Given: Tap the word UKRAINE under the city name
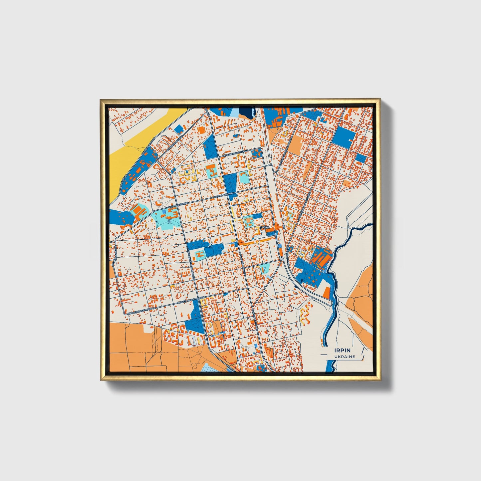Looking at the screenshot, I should pyautogui.click(x=345, y=357).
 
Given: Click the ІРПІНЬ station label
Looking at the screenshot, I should pyautogui.click(x=265, y=227).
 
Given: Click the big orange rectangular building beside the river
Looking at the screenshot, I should pyautogui.click(x=327, y=292).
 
